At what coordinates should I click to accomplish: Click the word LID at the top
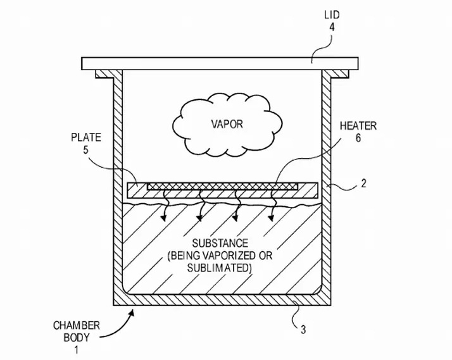332,14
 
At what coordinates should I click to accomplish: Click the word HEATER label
361,127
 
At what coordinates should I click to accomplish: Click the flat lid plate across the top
215,63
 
